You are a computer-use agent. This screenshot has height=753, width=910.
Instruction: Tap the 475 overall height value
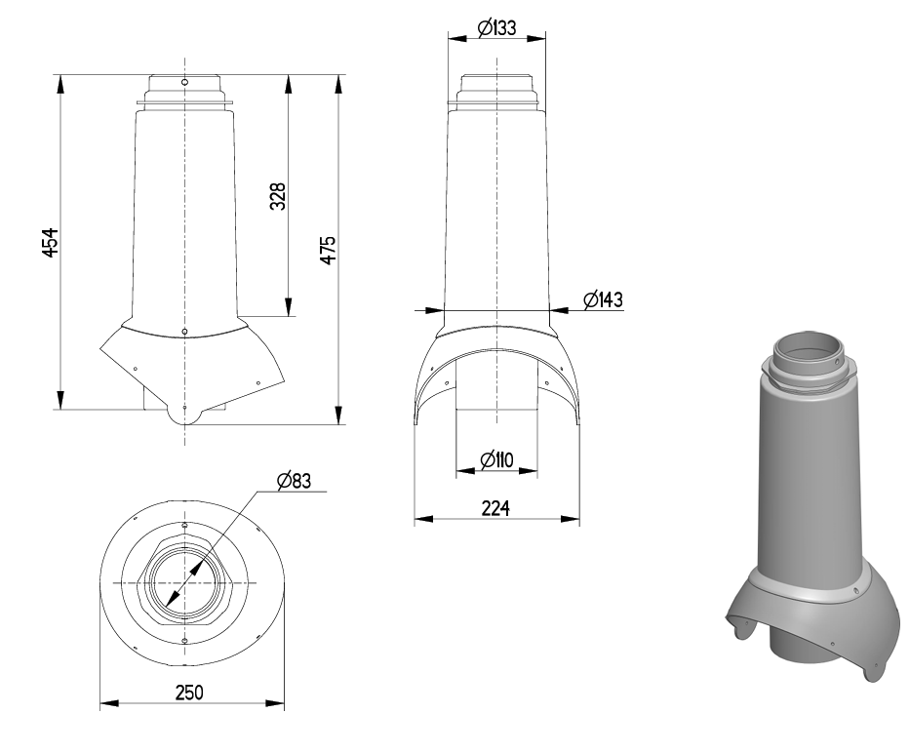(x=329, y=250)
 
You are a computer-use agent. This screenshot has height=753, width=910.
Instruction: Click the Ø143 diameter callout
(x=603, y=299)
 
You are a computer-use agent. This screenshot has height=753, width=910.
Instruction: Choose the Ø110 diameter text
(x=497, y=458)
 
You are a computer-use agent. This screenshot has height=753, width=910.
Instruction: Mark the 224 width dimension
(x=497, y=507)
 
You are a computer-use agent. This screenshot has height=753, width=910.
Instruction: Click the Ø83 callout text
(x=294, y=480)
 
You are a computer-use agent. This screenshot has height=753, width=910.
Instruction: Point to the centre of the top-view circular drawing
(x=184, y=581)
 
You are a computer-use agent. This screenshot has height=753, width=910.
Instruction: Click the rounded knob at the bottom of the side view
(x=184, y=414)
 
